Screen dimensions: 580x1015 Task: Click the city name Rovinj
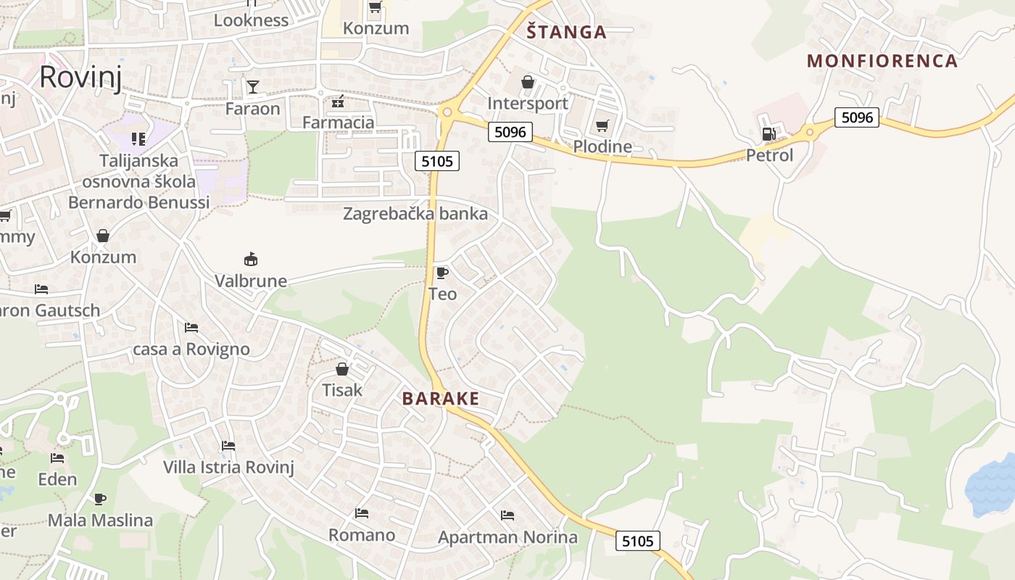[x=80, y=76]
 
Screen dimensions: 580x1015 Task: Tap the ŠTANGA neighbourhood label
[x=566, y=32]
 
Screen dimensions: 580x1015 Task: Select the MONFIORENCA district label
[x=882, y=61]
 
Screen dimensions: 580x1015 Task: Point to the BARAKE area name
[x=441, y=399]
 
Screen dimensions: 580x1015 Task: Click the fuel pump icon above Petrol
[x=768, y=134]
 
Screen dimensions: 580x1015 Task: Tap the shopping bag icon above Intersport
[x=528, y=82]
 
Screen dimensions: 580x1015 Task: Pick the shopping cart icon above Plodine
[x=602, y=126]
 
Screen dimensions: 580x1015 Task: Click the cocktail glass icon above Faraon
[x=252, y=87]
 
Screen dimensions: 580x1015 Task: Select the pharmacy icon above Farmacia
[x=337, y=101]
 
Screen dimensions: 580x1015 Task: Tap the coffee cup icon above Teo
[x=442, y=273]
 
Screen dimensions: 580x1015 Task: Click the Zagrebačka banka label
[x=415, y=214]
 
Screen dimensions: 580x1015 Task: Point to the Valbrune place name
[x=251, y=281]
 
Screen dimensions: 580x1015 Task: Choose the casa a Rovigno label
[x=191, y=349]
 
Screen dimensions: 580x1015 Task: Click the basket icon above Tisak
[x=342, y=368]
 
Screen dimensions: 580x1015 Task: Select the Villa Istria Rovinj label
[x=228, y=467]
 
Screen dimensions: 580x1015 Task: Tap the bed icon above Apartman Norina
[x=507, y=515]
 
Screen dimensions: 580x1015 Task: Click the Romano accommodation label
[x=362, y=535]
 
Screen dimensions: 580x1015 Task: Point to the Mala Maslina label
[x=100, y=520]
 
